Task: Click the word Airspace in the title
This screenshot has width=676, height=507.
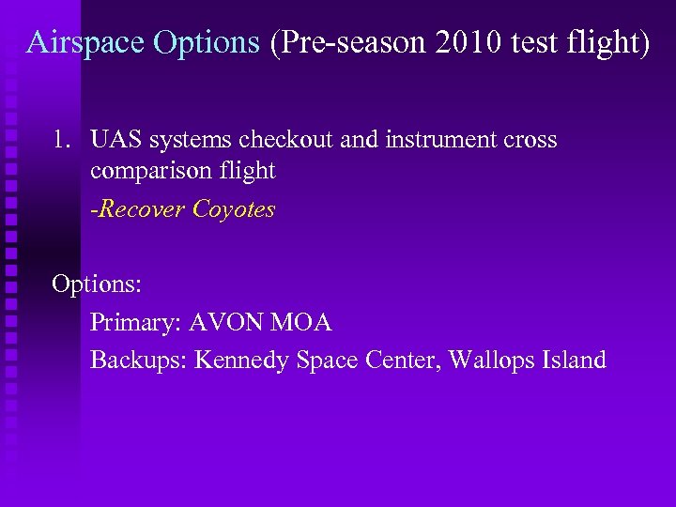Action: coord(84,43)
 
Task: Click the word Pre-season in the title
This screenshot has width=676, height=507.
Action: coord(348,43)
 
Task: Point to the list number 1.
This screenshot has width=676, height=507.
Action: coord(61,141)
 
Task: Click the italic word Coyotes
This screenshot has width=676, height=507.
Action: coord(234,209)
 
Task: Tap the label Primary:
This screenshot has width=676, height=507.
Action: coord(135,324)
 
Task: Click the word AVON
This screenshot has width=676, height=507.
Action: coord(226,324)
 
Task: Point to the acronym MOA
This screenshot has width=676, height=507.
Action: coord(301,324)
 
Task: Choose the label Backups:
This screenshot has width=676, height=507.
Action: coord(139,360)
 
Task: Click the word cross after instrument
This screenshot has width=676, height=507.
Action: coord(529,141)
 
